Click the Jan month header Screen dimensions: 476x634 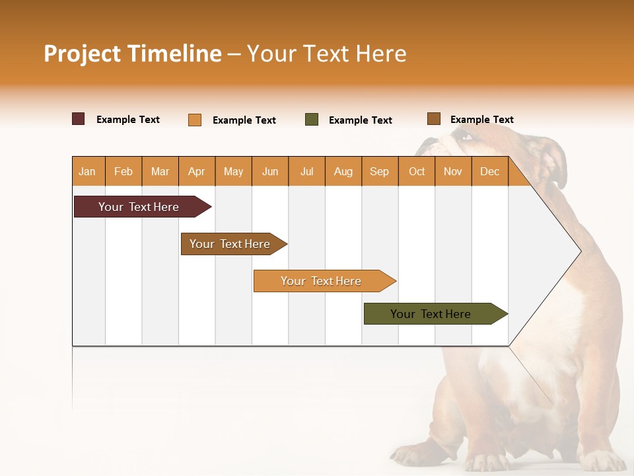tap(88, 171)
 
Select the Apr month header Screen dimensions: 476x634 tap(197, 171)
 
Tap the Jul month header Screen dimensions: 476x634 tap(306, 171)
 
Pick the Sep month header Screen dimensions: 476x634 tap(379, 171)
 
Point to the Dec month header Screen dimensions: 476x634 tap(489, 171)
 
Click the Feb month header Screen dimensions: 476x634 tap(123, 171)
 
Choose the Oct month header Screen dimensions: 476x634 tap(417, 171)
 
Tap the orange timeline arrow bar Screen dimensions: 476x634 tap(322, 281)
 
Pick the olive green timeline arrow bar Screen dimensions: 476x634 tap(433, 314)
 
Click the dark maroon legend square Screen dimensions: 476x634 tap(79, 119)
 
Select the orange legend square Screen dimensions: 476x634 tap(195, 120)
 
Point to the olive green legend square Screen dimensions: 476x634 tap(312, 120)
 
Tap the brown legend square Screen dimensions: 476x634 tap(433, 119)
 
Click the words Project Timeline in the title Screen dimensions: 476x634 tap(133, 54)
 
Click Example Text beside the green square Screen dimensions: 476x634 tap(360, 120)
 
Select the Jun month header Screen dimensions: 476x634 tap(270, 171)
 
